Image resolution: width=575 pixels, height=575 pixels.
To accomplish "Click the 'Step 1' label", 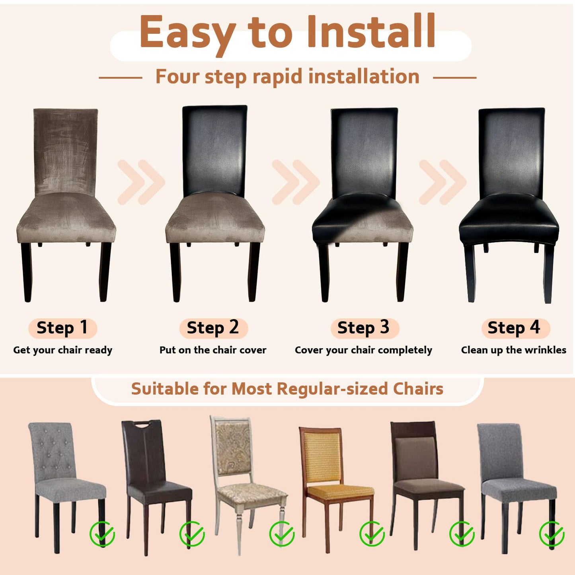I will [62, 328].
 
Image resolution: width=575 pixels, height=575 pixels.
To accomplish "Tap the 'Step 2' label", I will [213, 328].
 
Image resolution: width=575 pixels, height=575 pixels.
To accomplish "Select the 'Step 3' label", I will [364, 328].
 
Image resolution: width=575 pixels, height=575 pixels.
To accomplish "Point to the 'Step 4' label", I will [514, 328].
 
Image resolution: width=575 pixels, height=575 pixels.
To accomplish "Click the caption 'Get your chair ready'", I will [62, 350].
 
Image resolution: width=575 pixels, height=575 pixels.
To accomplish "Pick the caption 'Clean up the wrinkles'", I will [513, 350].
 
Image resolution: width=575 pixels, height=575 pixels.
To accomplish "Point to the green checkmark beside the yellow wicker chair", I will [372, 534].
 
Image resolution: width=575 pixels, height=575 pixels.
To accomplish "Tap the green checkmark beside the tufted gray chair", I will [102, 534].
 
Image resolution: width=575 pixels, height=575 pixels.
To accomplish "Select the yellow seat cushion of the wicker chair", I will [340, 492].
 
